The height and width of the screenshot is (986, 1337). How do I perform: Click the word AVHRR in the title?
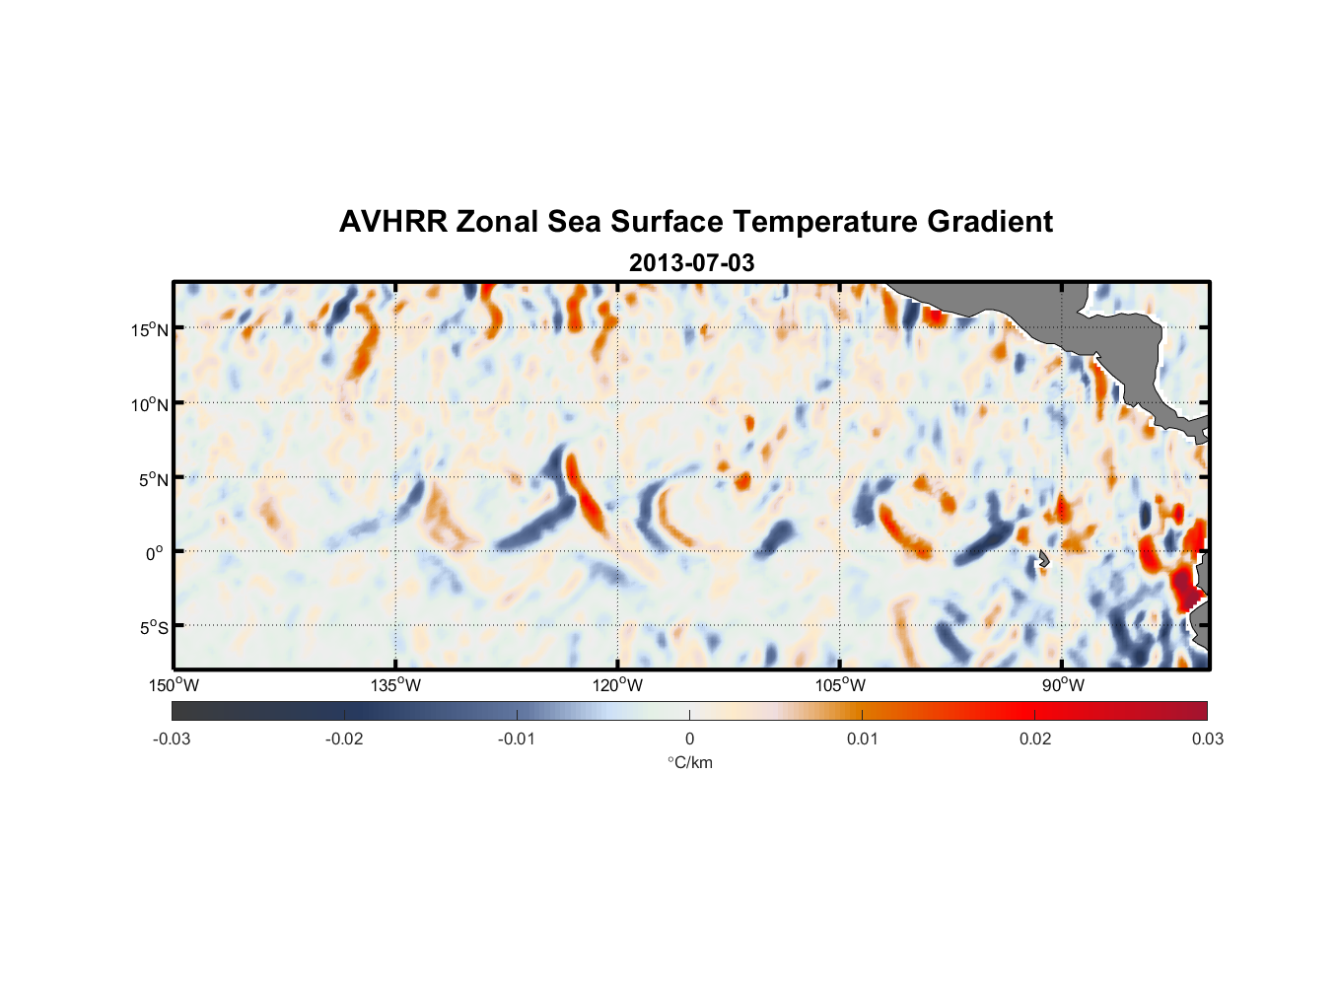pyautogui.click(x=392, y=222)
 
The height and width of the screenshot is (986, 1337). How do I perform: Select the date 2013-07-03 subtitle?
pyautogui.click(x=691, y=263)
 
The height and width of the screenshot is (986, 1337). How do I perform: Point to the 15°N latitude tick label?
pyautogui.click(x=149, y=329)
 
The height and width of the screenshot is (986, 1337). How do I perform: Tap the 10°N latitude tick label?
pyautogui.click(x=149, y=404)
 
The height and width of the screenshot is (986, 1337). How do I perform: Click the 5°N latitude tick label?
pyautogui.click(x=153, y=479)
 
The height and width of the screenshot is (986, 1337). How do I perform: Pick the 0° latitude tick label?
pyautogui.click(x=155, y=553)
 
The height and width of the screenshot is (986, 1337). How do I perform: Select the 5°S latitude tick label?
pyautogui.click(x=153, y=628)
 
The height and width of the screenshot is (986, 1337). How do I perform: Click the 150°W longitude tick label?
pyautogui.click(x=174, y=685)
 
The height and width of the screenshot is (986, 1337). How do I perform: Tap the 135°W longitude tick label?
pyautogui.click(x=395, y=685)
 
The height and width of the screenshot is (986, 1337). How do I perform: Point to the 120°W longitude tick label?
pyautogui.click(x=617, y=685)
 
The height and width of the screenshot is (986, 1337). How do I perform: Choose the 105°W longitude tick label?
pyautogui.click(x=840, y=685)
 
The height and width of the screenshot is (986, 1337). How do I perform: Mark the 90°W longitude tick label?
pyautogui.click(x=1062, y=685)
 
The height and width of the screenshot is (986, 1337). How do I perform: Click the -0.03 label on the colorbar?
pyautogui.click(x=172, y=739)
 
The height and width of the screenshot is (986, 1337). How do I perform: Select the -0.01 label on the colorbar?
pyautogui.click(x=517, y=739)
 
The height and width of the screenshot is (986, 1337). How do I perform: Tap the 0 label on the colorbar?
pyautogui.click(x=689, y=739)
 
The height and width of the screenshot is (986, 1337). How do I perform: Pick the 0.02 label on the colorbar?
pyautogui.click(x=1035, y=739)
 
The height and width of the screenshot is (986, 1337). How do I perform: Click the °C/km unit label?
pyautogui.click(x=689, y=762)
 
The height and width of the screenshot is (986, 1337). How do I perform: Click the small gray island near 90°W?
pyautogui.click(x=1043, y=559)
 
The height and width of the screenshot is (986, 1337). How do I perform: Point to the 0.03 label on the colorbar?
pyautogui.click(x=1207, y=739)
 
